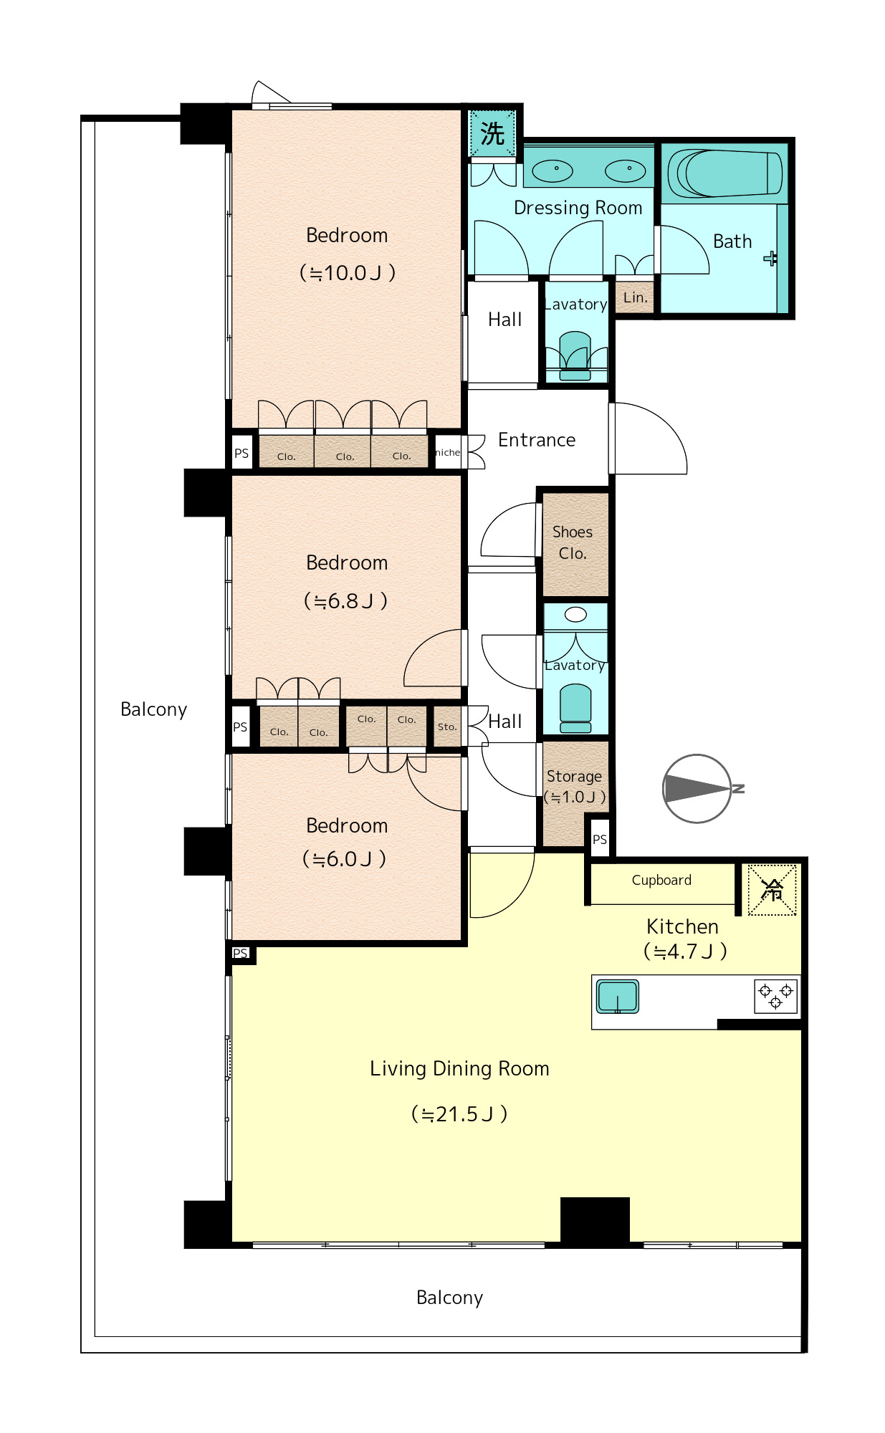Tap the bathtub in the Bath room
[x=724, y=173]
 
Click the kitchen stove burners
[x=775, y=996]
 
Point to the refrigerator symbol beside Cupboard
[x=772, y=890]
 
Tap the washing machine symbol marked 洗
[x=492, y=133]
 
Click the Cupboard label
[x=661, y=880]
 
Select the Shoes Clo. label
[x=573, y=542]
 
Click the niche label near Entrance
[x=448, y=452]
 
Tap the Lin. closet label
[x=635, y=297]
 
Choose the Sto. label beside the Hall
[x=447, y=727]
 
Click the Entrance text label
[x=537, y=440]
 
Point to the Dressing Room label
[x=578, y=208]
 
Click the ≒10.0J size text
[x=347, y=273]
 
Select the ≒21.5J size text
[x=459, y=1114]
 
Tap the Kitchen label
[x=682, y=926]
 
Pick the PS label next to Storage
[x=600, y=839]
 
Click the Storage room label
[x=575, y=776]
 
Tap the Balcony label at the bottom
[x=450, y=1298]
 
